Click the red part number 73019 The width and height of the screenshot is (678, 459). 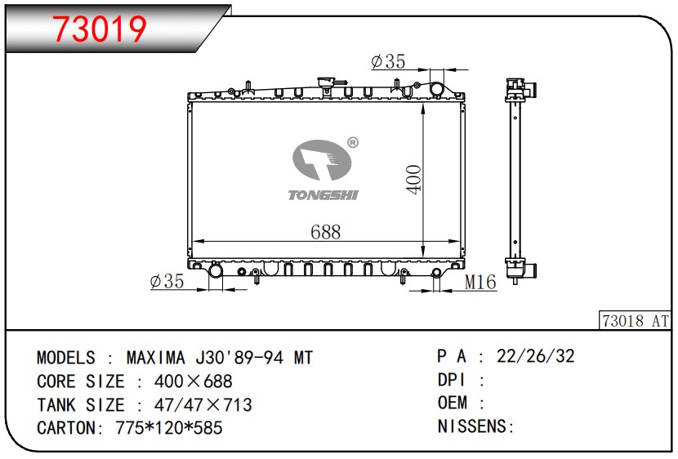(100, 29)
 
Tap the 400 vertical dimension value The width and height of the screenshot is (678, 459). (414, 180)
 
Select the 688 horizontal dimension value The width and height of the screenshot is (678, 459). (326, 232)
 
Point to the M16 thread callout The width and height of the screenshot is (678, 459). (480, 283)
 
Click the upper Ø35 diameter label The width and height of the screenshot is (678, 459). (388, 62)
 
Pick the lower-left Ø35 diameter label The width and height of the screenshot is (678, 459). (167, 282)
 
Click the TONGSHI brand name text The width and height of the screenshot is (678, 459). (323, 195)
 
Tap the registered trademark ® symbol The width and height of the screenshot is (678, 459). (353, 142)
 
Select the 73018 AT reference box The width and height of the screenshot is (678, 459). (636, 321)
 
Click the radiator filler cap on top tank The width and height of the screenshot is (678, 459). (327, 82)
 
